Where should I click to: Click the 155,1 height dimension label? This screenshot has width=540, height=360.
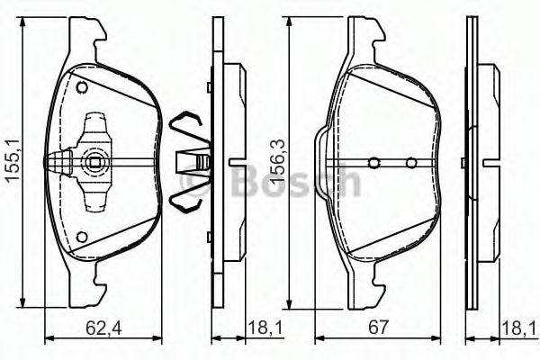(13, 158)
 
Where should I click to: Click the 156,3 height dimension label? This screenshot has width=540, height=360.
(277, 160)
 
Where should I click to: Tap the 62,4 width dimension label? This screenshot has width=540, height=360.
(103, 328)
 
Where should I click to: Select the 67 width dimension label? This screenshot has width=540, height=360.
(378, 328)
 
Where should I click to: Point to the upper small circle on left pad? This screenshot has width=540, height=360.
(82, 87)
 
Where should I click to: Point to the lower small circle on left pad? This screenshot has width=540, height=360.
(82, 238)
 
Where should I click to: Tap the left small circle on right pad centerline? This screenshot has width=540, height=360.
(374, 163)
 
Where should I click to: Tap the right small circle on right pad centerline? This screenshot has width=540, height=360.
(411, 163)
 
